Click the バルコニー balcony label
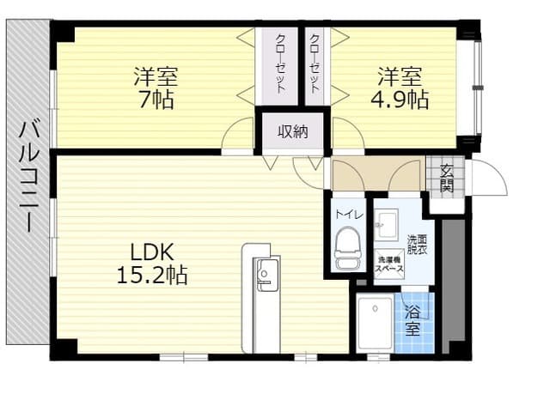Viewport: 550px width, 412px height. pyautogui.click(x=25, y=179)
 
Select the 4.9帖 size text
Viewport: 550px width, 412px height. pyautogui.click(x=401, y=99)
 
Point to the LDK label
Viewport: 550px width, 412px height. pyautogui.click(x=153, y=252)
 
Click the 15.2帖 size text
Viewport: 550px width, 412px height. pyautogui.click(x=153, y=276)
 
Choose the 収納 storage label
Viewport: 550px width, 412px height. pyautogui.click(x=292, y=132)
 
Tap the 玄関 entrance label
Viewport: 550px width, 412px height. pyautogui.click(x=447, y=178)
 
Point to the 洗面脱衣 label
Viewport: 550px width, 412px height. pyautogui.click(x=417, y=244)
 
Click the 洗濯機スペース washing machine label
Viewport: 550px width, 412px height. pyautogui.click(x=391, y=263)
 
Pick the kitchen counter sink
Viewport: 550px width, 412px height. pyautogui.click(x=264, y=276)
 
